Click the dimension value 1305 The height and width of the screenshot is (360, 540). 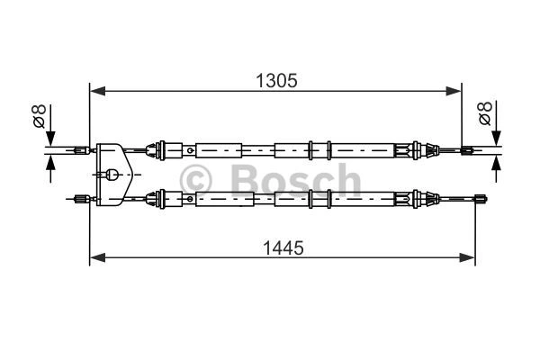click(x=276, y=81)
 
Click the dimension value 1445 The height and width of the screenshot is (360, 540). click(x=283, y=247)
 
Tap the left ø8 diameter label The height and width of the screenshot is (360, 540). click(x=40, y=116)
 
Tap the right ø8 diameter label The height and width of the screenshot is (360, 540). click(x=485, y=113)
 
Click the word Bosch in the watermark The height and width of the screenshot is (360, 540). click(x=295, y=180)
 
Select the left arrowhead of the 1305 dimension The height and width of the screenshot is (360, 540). click(x=97, y=91)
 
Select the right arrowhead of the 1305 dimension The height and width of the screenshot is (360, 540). click(x=454, y=91)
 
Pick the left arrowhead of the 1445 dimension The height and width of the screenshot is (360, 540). click(x=97, y=257)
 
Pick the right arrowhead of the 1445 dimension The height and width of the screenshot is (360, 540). click(x=467, y=257)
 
